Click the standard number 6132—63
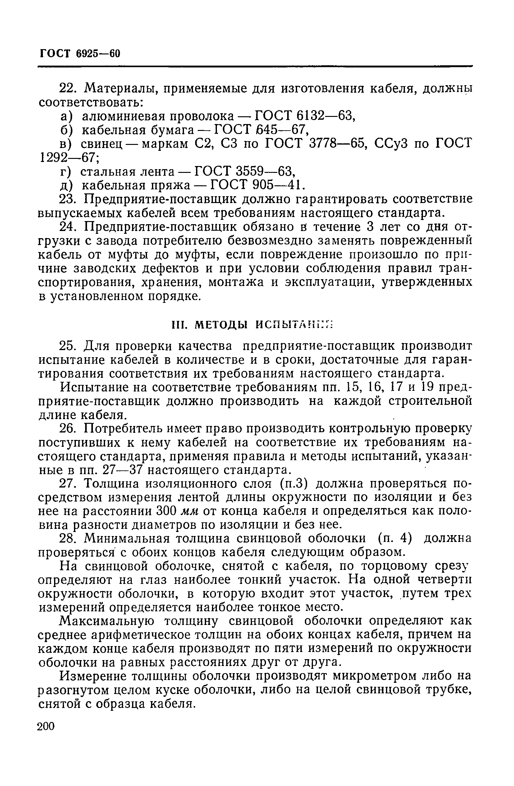coord(325,116)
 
